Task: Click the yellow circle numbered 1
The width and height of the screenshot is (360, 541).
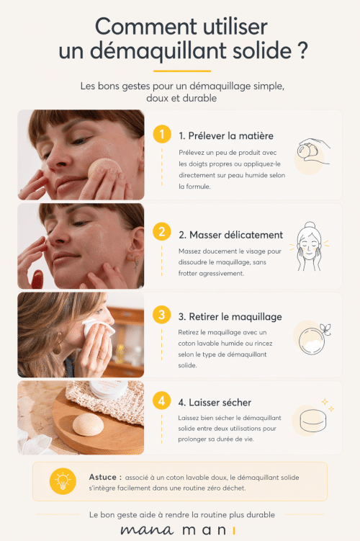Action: point(162,134)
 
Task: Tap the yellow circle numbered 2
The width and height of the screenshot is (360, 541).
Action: point(162,231)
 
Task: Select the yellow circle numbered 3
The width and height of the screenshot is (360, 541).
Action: point(162,315)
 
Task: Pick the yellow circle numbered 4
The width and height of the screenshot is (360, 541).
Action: point(162,401)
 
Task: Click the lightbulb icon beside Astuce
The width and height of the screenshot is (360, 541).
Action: point(63,481)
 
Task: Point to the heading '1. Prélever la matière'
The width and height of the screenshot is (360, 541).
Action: point(226,136)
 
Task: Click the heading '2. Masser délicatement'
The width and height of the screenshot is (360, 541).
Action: point(230,235)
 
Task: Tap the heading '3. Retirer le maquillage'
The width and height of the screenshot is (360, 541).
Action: point(230,317)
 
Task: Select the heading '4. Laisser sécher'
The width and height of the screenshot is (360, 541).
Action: point(215,402)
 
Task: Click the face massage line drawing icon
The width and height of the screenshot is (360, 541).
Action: point(310,246)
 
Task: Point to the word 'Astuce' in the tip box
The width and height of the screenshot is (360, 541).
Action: point(103,477)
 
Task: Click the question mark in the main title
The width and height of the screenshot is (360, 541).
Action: point(302,50)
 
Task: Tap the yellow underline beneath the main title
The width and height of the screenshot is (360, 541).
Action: point(182,71)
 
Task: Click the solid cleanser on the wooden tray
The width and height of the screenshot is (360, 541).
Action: point(88,425)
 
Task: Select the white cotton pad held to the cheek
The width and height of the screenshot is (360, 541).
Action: point(97,328)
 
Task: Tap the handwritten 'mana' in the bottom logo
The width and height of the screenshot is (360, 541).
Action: point(146,530)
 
